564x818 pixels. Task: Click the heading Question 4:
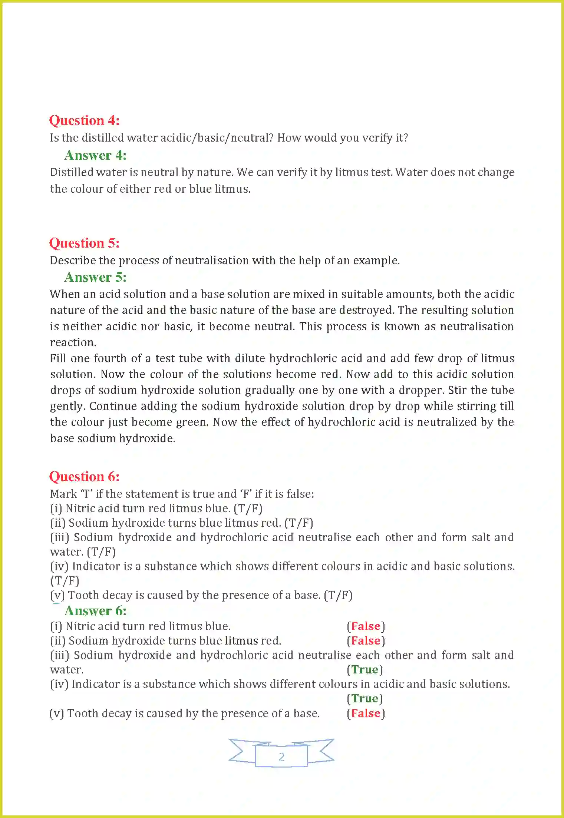[x=85, y=120]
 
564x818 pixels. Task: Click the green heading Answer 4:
[x=96, y=155]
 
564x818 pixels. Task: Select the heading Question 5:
[x=85, y=243]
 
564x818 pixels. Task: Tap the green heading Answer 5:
[x=96, y=277]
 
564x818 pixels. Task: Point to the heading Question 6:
[x=85, y=477]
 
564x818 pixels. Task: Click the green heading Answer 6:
[x=96, y=611]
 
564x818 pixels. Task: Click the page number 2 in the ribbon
[x=281, y=756]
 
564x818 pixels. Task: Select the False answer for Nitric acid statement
[x=366, y=626]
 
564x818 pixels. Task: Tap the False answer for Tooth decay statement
[x=366, y=713]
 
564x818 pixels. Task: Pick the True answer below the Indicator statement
[x=365, y=699]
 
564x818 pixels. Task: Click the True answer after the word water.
[x=365, y=670]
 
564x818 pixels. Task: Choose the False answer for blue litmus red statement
[x=366, y=641]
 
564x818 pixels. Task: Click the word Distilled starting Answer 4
[x=71, y=172]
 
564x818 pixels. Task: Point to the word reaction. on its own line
[x=73, y=342]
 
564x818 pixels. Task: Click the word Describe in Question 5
[x=73, y=261]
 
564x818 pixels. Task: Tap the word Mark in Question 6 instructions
[x=63, y=494]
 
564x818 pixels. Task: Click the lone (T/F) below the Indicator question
[x=65, y=581]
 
